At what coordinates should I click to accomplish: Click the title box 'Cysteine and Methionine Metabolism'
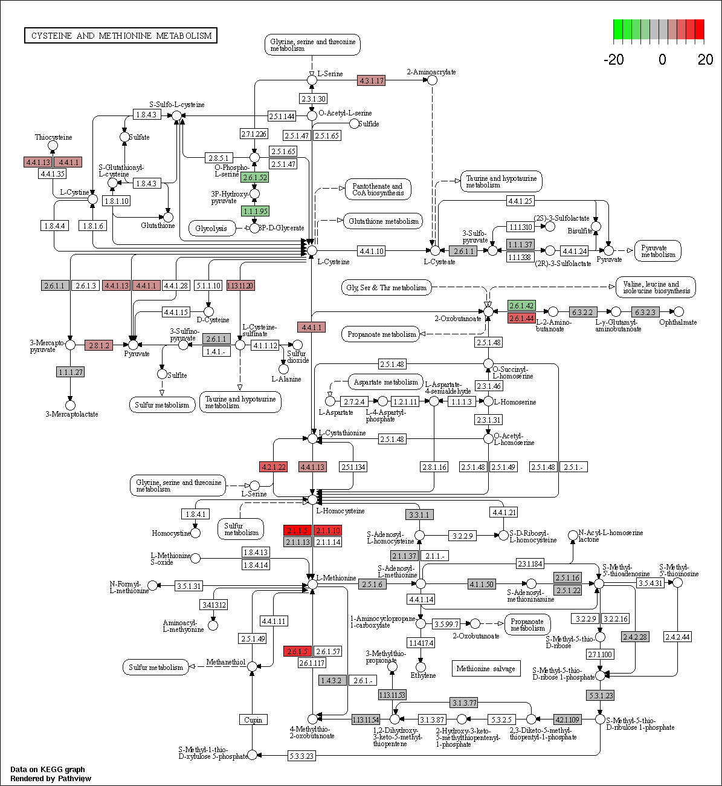(x=121, y=36)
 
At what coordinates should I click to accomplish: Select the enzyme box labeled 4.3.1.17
(x=372, y=80)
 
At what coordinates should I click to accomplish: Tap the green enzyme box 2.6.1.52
(x=254, y=178)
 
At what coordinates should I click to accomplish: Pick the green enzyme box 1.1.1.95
(x=255, y=211)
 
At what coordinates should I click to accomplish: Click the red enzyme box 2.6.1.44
(x=521, y=318)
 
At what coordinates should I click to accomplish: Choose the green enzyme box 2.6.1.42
(x=521, y=306)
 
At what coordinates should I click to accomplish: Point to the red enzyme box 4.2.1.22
(x=273, y=467)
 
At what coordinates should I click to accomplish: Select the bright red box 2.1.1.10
(x=328, y=530)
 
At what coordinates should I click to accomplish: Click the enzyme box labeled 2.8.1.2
(x=98, y=345)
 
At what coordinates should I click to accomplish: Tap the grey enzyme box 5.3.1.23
(x=600, y=695)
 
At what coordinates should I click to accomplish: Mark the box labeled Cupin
(x=253, y=719)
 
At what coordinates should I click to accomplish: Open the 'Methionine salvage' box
(x=486, y=668)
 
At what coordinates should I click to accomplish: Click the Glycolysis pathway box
(x=211, y=228)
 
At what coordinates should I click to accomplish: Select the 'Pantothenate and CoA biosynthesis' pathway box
(x=378, y=189)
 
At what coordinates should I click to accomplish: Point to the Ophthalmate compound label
(x=678, y=322)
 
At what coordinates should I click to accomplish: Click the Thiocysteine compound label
(x=53, y=137)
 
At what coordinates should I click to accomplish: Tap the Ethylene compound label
(x=423, y=675)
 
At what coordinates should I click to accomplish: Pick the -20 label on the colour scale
(x=613, y=59)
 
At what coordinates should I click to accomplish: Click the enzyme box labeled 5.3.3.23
(x=301, y=756)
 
